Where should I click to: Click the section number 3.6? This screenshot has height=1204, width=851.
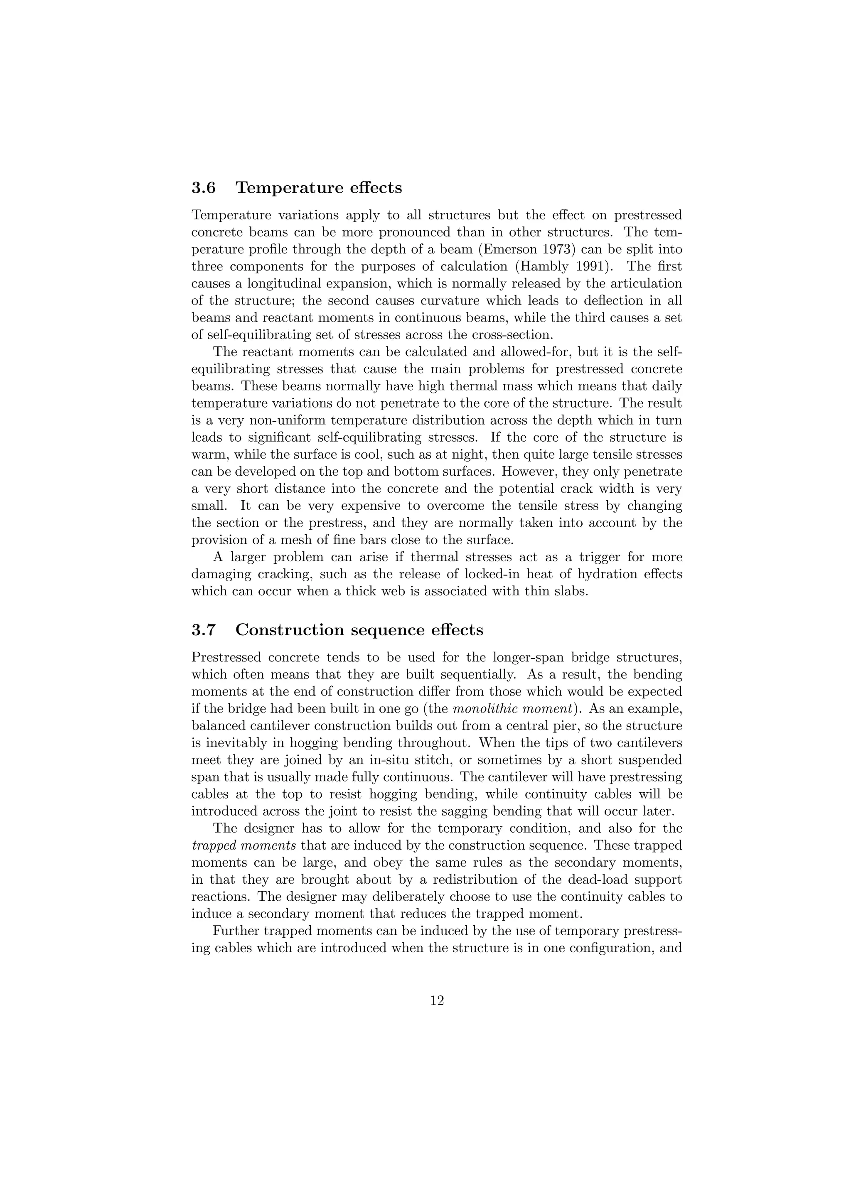pyautogui.click(x=204, y=188)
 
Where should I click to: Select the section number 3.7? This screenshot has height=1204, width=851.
pyautogui.click(x=204, y=630)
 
